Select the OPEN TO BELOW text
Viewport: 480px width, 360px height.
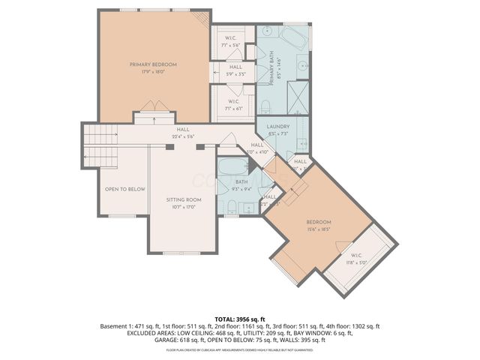click(124, 189)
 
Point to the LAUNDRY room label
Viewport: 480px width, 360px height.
click(278, 127)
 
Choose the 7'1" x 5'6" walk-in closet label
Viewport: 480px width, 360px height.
click(230, 42)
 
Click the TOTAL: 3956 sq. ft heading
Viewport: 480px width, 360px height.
click(239, 319)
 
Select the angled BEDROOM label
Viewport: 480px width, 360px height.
click(318, 223)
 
